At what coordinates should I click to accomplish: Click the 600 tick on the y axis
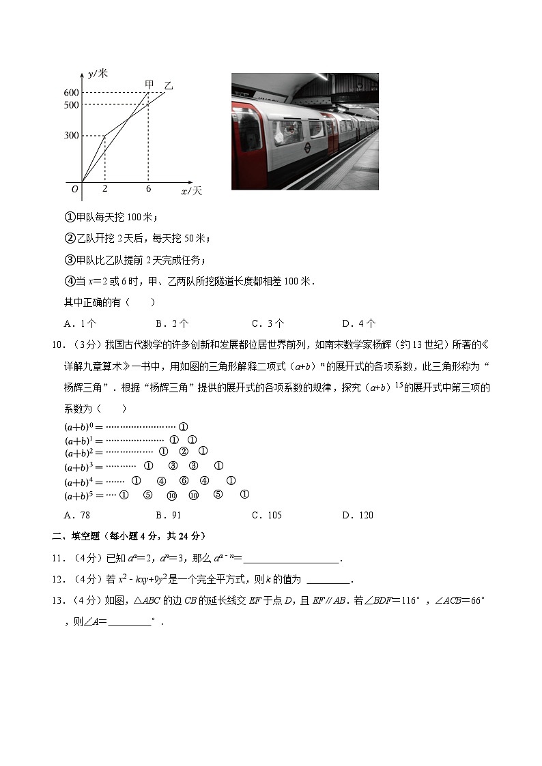[72, 93]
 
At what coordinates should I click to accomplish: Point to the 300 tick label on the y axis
[72, 136]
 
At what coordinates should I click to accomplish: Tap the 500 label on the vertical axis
[72, 105]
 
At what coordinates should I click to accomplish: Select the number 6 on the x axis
[148, 189]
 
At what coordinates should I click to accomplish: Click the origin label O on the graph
[75, 189]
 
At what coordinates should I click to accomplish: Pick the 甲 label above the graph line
[149, 85]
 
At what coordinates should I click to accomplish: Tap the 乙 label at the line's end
[169, 86]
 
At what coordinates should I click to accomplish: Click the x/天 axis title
[191, 192]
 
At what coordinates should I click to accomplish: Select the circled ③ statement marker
[69, 260]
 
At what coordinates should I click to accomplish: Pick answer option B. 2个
[172, 323]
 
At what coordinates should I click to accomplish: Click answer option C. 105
[266, 515]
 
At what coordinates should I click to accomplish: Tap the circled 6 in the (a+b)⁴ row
[184, 481]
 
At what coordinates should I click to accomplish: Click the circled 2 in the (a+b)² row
[183, 452]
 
